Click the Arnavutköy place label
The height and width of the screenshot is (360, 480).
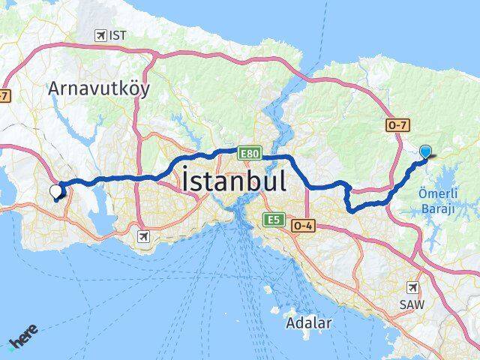tap(98, 88)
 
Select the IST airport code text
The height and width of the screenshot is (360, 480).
tap(118, 35)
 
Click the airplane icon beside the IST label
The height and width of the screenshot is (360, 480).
tap(100, 35)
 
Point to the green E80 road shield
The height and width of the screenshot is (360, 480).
tap(250, 153)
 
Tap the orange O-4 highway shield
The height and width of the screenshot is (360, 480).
tap(303, 225)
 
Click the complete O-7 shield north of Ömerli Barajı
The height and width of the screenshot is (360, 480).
tap(397, 125)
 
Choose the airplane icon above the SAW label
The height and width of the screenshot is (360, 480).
tap(413, 287)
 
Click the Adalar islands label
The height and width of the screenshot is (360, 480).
tap(307, 323)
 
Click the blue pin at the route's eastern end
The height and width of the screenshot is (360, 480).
tap(426, 151)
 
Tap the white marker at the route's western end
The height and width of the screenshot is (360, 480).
tap(55, 191)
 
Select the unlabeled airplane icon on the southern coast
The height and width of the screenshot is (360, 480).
tap(142, 237)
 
